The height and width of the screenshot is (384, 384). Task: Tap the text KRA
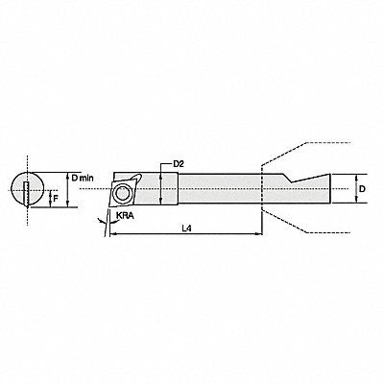(x=124, y=217)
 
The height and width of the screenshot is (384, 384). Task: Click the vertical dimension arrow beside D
(x=355, y=190)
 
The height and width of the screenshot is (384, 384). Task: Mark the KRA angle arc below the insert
(x=106, y=221)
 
